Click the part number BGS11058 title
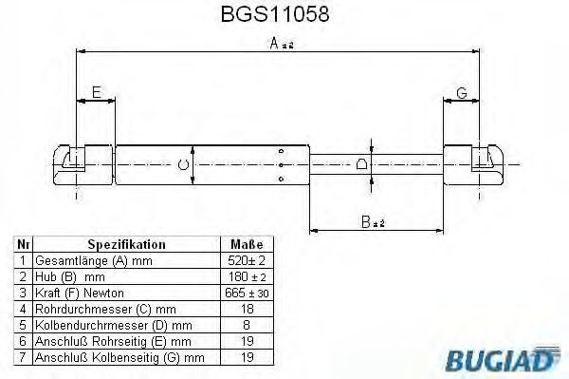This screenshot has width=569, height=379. pos(275,14)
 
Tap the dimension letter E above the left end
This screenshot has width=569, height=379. pos(96,92)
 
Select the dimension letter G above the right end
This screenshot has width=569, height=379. pos(462,93)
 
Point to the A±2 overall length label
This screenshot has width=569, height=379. pos(282,44)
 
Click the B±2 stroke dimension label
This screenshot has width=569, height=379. pos(373,221)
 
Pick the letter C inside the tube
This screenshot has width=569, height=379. pos(183,165)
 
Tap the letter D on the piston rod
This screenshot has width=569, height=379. pos(361,164)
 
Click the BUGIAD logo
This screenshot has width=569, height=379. pos(503,359)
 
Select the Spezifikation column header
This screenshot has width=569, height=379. pos(127,244)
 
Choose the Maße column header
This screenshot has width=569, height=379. pos(247,244)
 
